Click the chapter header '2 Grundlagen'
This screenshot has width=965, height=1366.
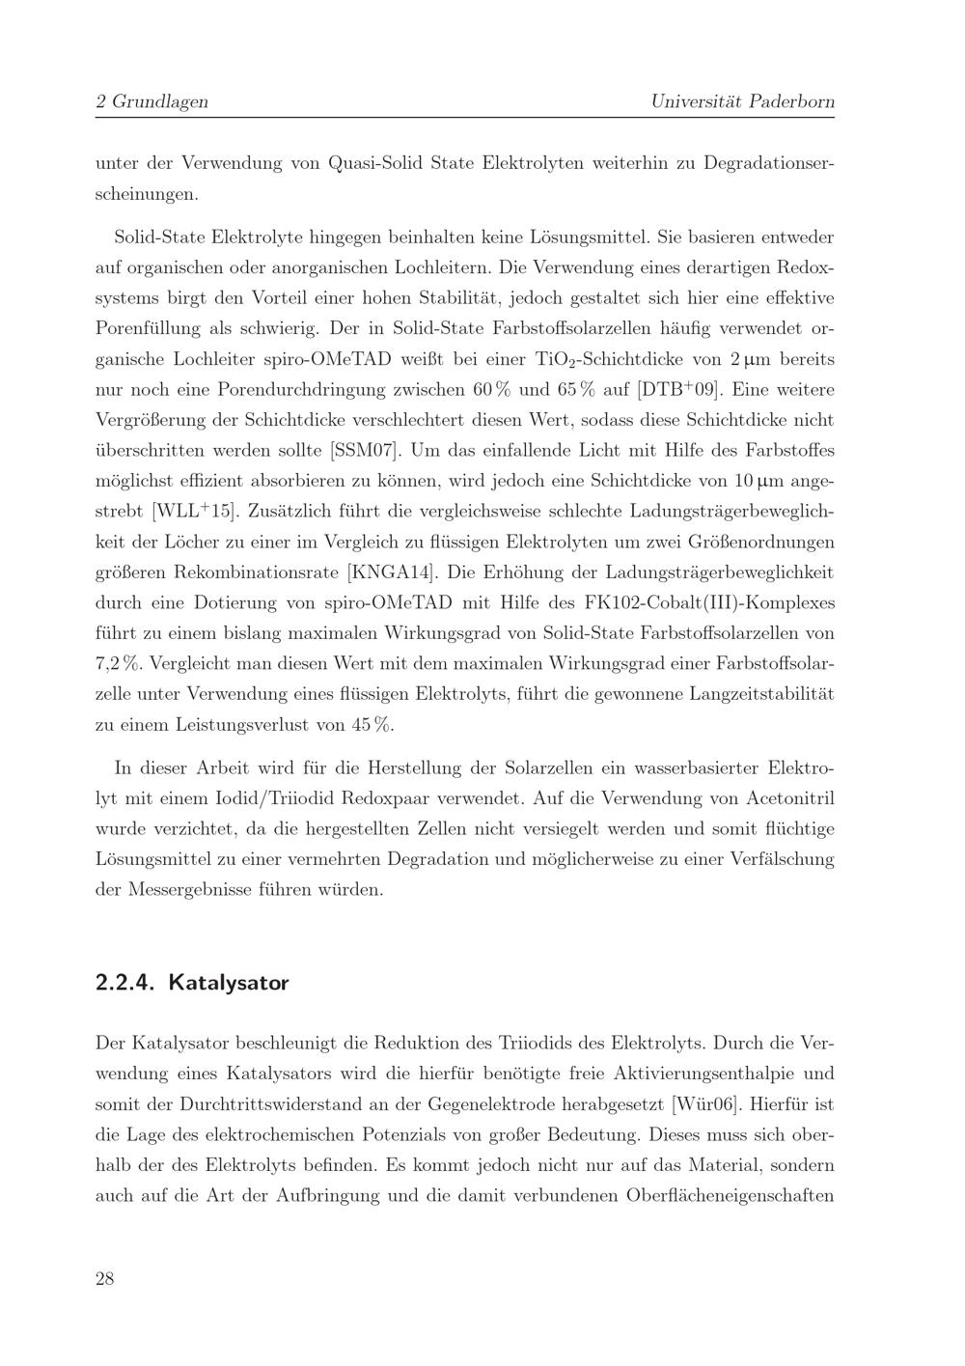(152, 101)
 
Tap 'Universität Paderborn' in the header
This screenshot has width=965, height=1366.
(742, 101)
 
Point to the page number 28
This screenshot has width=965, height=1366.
(105, 1279)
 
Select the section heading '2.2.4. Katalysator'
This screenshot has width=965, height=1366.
(192, 983)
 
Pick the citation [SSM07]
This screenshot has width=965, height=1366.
(365, 451)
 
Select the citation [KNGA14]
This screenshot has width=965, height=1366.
(394, 572)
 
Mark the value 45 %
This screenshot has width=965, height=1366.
(372, 724)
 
